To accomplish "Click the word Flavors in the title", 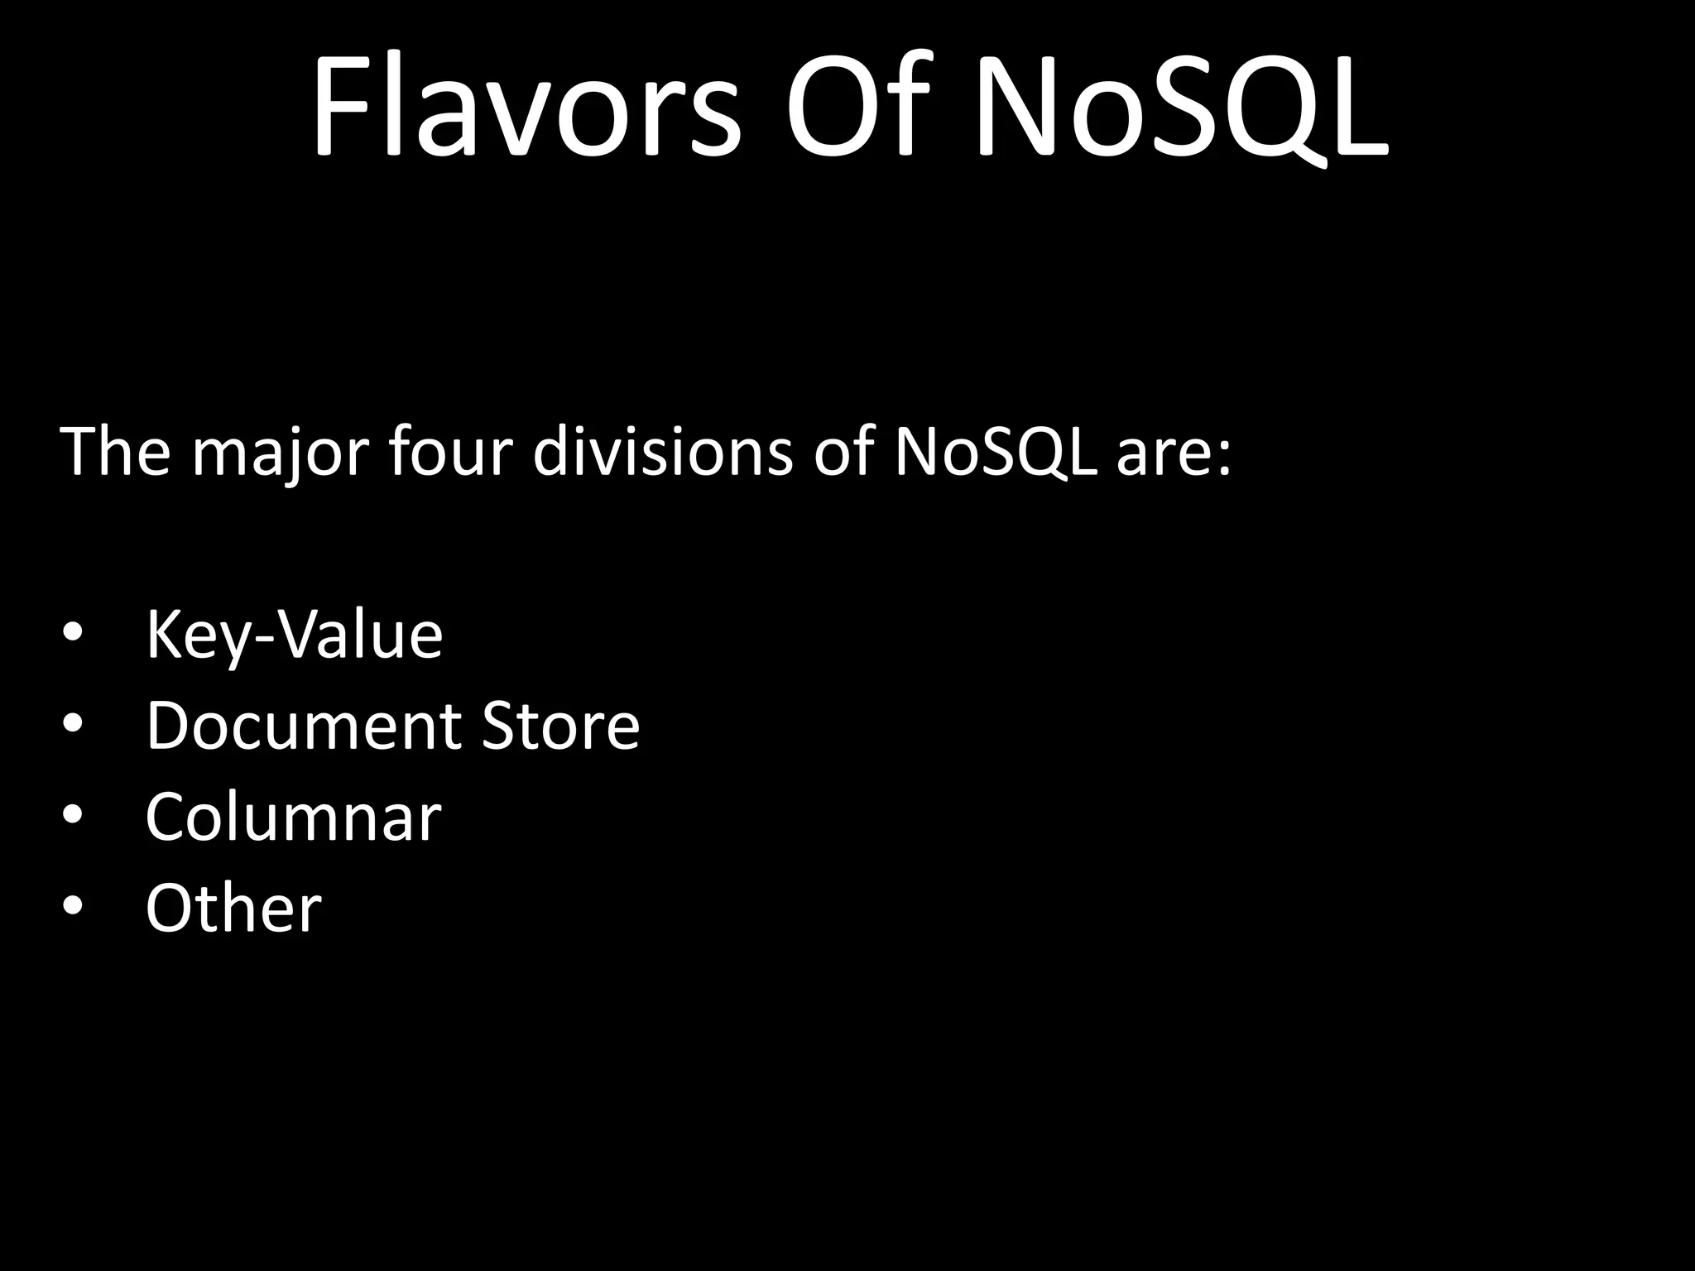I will click(526, 106).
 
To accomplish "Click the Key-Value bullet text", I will click(294, 635).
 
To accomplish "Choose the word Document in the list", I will click(303, 726).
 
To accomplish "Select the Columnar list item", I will click(293, 818).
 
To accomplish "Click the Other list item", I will click(233, 908).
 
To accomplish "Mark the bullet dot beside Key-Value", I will click(73, 633).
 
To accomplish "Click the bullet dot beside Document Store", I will click(73, 725).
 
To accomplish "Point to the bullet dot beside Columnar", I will click(73, 816).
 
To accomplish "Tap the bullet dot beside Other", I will click(73, 907).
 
